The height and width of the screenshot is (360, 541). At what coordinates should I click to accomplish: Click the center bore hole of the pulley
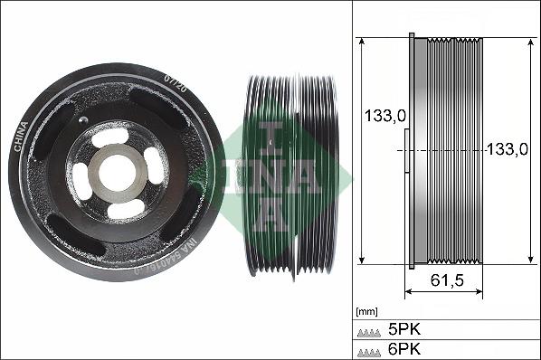pos(116,169)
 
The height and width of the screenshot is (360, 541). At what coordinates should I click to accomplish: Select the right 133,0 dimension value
pos(507,149)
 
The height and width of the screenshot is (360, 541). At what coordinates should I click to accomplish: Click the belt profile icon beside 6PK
pos(368,349)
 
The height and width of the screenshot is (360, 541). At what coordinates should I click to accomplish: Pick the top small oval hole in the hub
pos(110,136)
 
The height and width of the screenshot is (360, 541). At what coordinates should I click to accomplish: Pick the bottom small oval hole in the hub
pos(124,208)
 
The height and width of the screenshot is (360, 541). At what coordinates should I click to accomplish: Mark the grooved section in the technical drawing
pos(453,151)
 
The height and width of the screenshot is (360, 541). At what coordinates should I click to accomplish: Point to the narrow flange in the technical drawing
pos(414,151)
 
